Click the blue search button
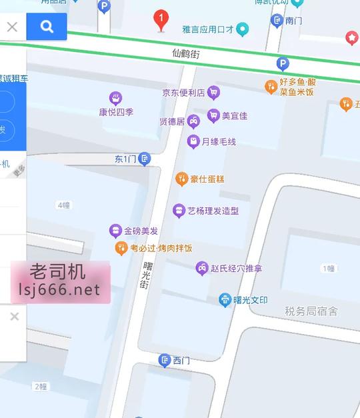pyautogui.click(x=47, y=27)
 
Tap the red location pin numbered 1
pyautogui.click(x=161, y=19)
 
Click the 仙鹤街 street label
pyautogui.click(x=185, y=52)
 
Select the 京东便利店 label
pyautogui.click(x=183, y=93)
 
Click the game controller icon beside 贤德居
pyautogui.click(x=193, y=121)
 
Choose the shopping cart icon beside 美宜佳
pyautogui.click(x=213, y=115)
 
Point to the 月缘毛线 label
pyautogui.click(x=219, y=141)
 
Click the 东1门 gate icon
pyautogui.click(x=144, y=159)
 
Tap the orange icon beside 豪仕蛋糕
pyautogui.click(x=181, y=179)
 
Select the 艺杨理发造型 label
pyautogui.click(x=213, y=211)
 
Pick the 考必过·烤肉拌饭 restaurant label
pyautogui.click(x=161, y=248)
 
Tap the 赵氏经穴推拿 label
pyautogui.click(x=236, y=269)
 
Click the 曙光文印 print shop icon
pyautogui.click(x=225, y=300)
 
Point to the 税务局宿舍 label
pyautogui.click(x=311, y=311)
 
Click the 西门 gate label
pyautogui.click(x=181, y=361)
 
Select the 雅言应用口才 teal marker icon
pyautogui.click(x=243, y=29)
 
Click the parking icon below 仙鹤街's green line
pyautogui.click(x=283, y=64)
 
